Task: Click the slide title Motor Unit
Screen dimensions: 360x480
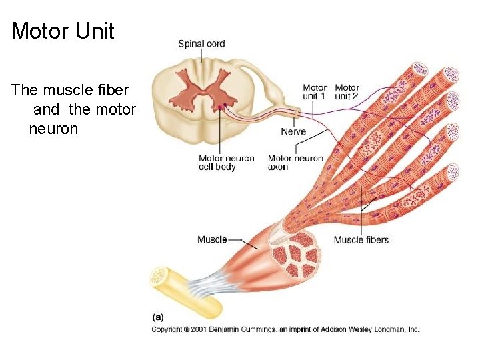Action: point(63,31)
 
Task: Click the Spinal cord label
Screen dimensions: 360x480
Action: point(201,44)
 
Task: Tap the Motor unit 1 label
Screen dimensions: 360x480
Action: point(315,92)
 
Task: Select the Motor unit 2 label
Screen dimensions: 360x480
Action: point(347,92)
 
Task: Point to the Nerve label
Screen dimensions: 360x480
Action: point(293,131)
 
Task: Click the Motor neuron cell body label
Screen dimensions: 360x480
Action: point(226,163)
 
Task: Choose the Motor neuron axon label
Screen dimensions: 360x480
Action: point(295,163)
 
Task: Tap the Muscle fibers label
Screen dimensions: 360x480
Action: point(361,239)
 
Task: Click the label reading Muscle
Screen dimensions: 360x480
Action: point(212,239)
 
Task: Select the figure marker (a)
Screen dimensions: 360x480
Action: point(158,317)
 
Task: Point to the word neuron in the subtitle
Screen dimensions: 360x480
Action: point(53,128)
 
